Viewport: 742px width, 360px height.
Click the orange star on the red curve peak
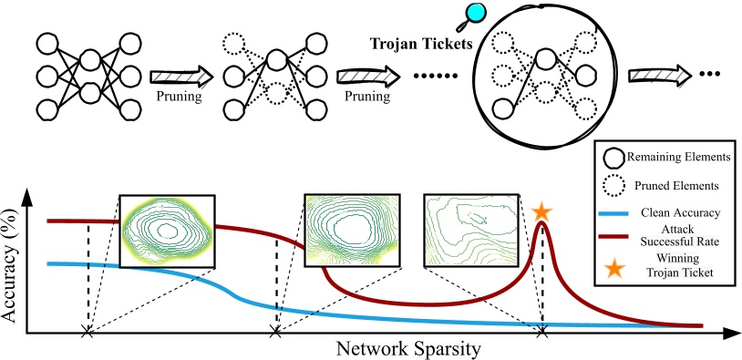pyautogui.click(x=541, y=211)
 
